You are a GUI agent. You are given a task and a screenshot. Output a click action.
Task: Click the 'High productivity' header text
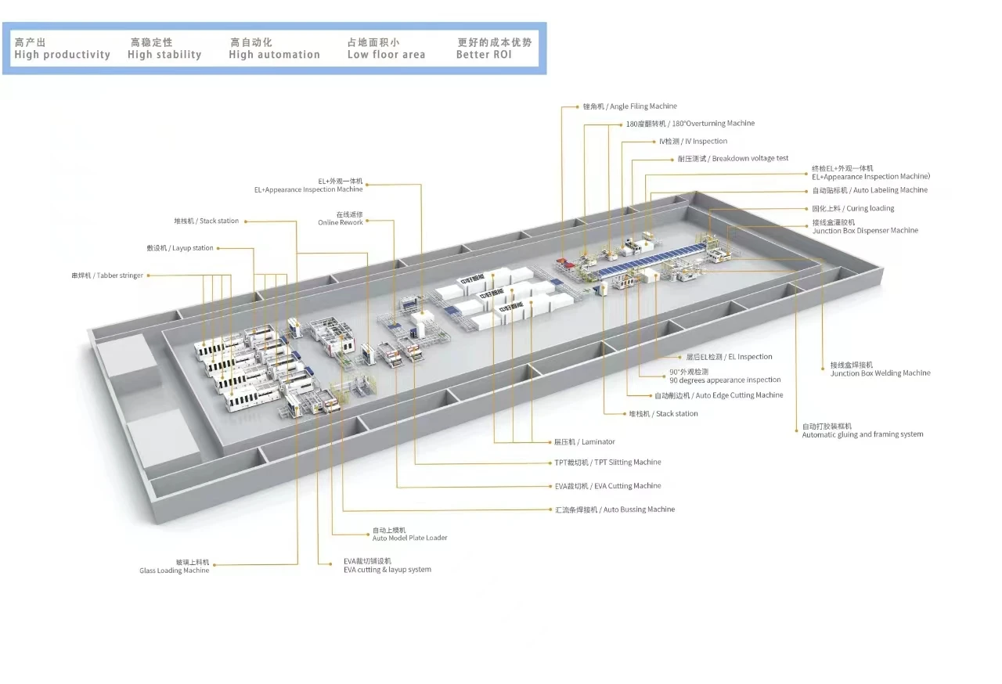62,55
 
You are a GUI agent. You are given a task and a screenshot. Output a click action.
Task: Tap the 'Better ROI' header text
484,55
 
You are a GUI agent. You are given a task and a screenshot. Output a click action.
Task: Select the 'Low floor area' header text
386,55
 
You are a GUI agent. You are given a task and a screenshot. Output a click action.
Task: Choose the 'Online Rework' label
341,222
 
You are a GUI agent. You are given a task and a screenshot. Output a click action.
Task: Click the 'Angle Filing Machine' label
630,106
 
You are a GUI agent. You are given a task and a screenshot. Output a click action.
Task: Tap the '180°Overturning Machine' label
690,124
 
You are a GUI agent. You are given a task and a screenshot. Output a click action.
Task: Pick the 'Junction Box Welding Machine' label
880,373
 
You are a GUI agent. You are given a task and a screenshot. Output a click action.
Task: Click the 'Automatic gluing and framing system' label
862,434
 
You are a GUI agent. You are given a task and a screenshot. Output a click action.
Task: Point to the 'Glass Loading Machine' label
175,571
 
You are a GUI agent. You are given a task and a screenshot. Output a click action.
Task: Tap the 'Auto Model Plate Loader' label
409,538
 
